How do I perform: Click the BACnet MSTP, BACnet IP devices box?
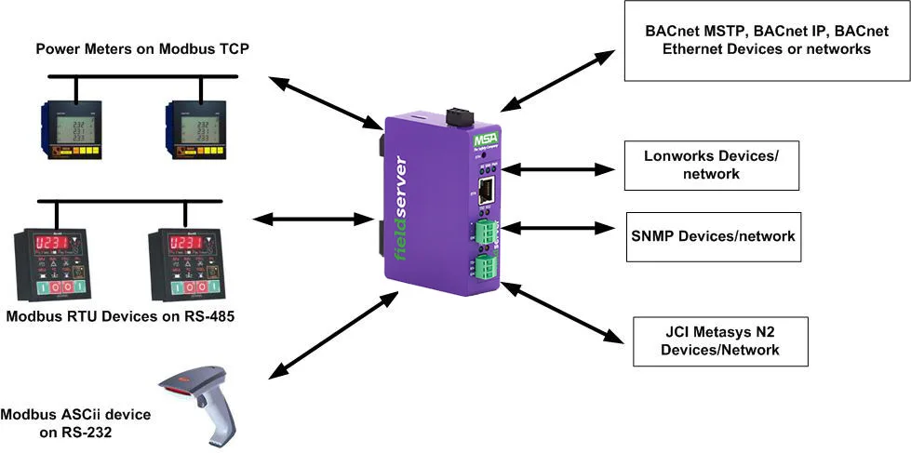coord(766,40)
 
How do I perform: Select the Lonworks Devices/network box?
coord(710,165)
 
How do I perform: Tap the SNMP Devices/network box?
coord(713,236)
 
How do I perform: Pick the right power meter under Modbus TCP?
coord(200,131)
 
